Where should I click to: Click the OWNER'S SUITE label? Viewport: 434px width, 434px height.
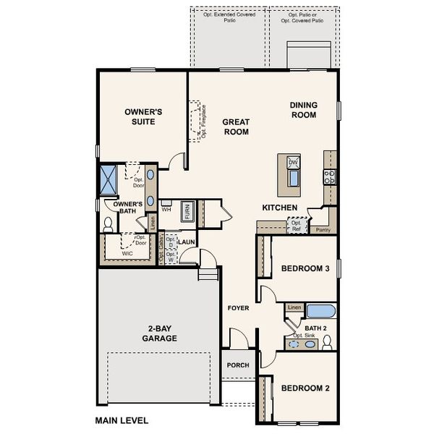click(143, 116)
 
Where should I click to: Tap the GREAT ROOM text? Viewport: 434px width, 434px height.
click(236, 127)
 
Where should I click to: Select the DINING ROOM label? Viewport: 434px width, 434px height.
click(303, 110)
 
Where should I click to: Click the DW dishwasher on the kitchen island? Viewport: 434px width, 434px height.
click(293, 163)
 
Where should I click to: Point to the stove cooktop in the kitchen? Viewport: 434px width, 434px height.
click(329, 175)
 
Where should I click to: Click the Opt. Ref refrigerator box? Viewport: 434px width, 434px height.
click(296, 226)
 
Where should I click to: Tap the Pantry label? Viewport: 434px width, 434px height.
click(324, 229)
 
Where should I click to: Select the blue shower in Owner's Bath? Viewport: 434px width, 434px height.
click(111, 179)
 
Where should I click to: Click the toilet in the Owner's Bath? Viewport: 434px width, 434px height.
click(107, 224)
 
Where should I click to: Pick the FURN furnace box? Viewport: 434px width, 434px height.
click(187, 212)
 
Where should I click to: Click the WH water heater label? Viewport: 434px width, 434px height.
click(166, 210)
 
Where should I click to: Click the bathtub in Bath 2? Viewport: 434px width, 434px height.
click(321, 312)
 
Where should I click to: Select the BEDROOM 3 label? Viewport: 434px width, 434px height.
click(305, 269)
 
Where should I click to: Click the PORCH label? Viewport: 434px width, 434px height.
click(237, 365)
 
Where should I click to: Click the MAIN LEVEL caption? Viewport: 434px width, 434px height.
click(122, 420)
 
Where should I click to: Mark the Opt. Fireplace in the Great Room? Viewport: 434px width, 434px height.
click(195, 121)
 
